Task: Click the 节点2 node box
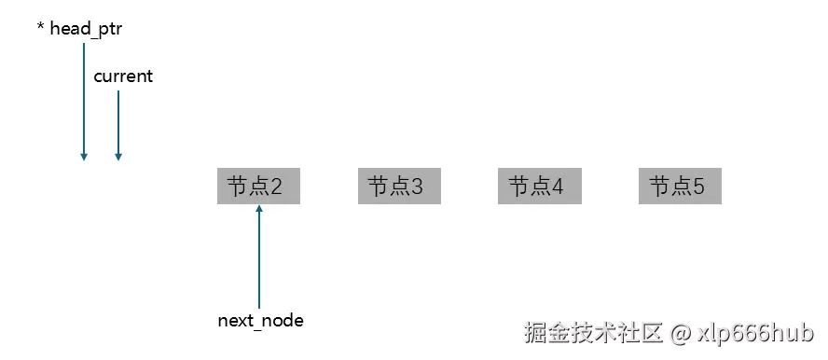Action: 258,187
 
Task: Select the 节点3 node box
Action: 399,187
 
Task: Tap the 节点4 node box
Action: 540,187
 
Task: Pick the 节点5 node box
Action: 680,187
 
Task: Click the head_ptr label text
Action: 85,29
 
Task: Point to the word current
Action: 123,76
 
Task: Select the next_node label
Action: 260,321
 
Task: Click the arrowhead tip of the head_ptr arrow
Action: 84,157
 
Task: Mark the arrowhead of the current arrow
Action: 118,157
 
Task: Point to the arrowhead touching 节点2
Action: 259,209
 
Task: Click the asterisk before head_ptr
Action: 40,29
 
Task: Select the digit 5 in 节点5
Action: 698,187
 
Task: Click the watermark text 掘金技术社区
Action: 593,332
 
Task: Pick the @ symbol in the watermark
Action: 681,332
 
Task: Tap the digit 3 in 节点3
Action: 417,187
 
